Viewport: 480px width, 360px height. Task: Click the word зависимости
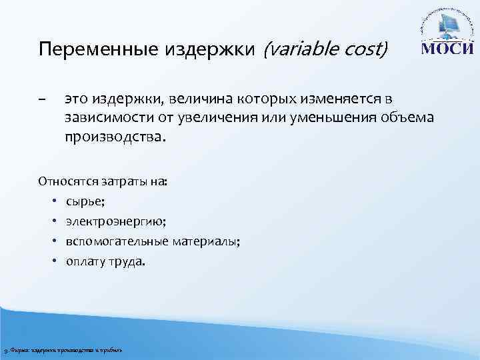click(101, 117)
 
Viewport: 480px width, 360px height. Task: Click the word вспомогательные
click(112, 241)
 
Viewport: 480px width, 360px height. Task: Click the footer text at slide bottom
click(63, 350)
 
